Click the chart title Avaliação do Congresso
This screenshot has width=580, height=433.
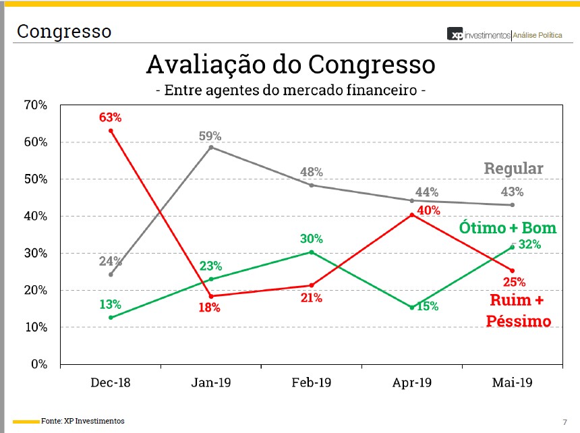[x=291, y=65]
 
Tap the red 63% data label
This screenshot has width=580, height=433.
[x=111, y=117]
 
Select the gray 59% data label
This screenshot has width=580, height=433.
[x=210, y=136]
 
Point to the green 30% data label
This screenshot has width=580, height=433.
[x=312, y=239]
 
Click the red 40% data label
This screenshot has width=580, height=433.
[x=428, y=210]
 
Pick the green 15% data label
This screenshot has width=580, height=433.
[x=428, y=306]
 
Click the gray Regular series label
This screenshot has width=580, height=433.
[x=513, y=169]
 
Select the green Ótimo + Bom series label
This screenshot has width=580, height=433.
[x=508, y=227]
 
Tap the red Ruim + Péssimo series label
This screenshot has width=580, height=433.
[x=519, y=310]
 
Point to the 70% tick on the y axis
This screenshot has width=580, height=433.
[x=35, y=105]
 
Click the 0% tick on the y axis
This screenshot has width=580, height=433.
[x=38, y=364]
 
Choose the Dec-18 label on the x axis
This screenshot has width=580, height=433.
[x=111, y=383]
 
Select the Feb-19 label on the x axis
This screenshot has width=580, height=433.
[x=312, y=383]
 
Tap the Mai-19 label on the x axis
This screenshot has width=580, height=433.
[x=513, y=383]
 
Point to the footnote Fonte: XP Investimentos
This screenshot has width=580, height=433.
[x=82, y=421]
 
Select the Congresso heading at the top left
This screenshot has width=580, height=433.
[x=64, y=31]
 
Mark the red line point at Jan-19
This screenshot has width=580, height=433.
[x=211, y=296]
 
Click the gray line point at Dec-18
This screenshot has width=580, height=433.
[x=111, y=275]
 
